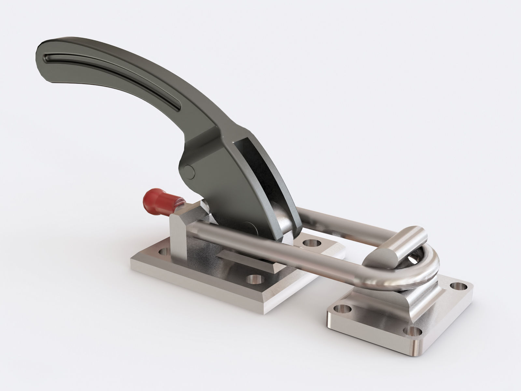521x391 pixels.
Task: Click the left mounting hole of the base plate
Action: coord(163,253)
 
